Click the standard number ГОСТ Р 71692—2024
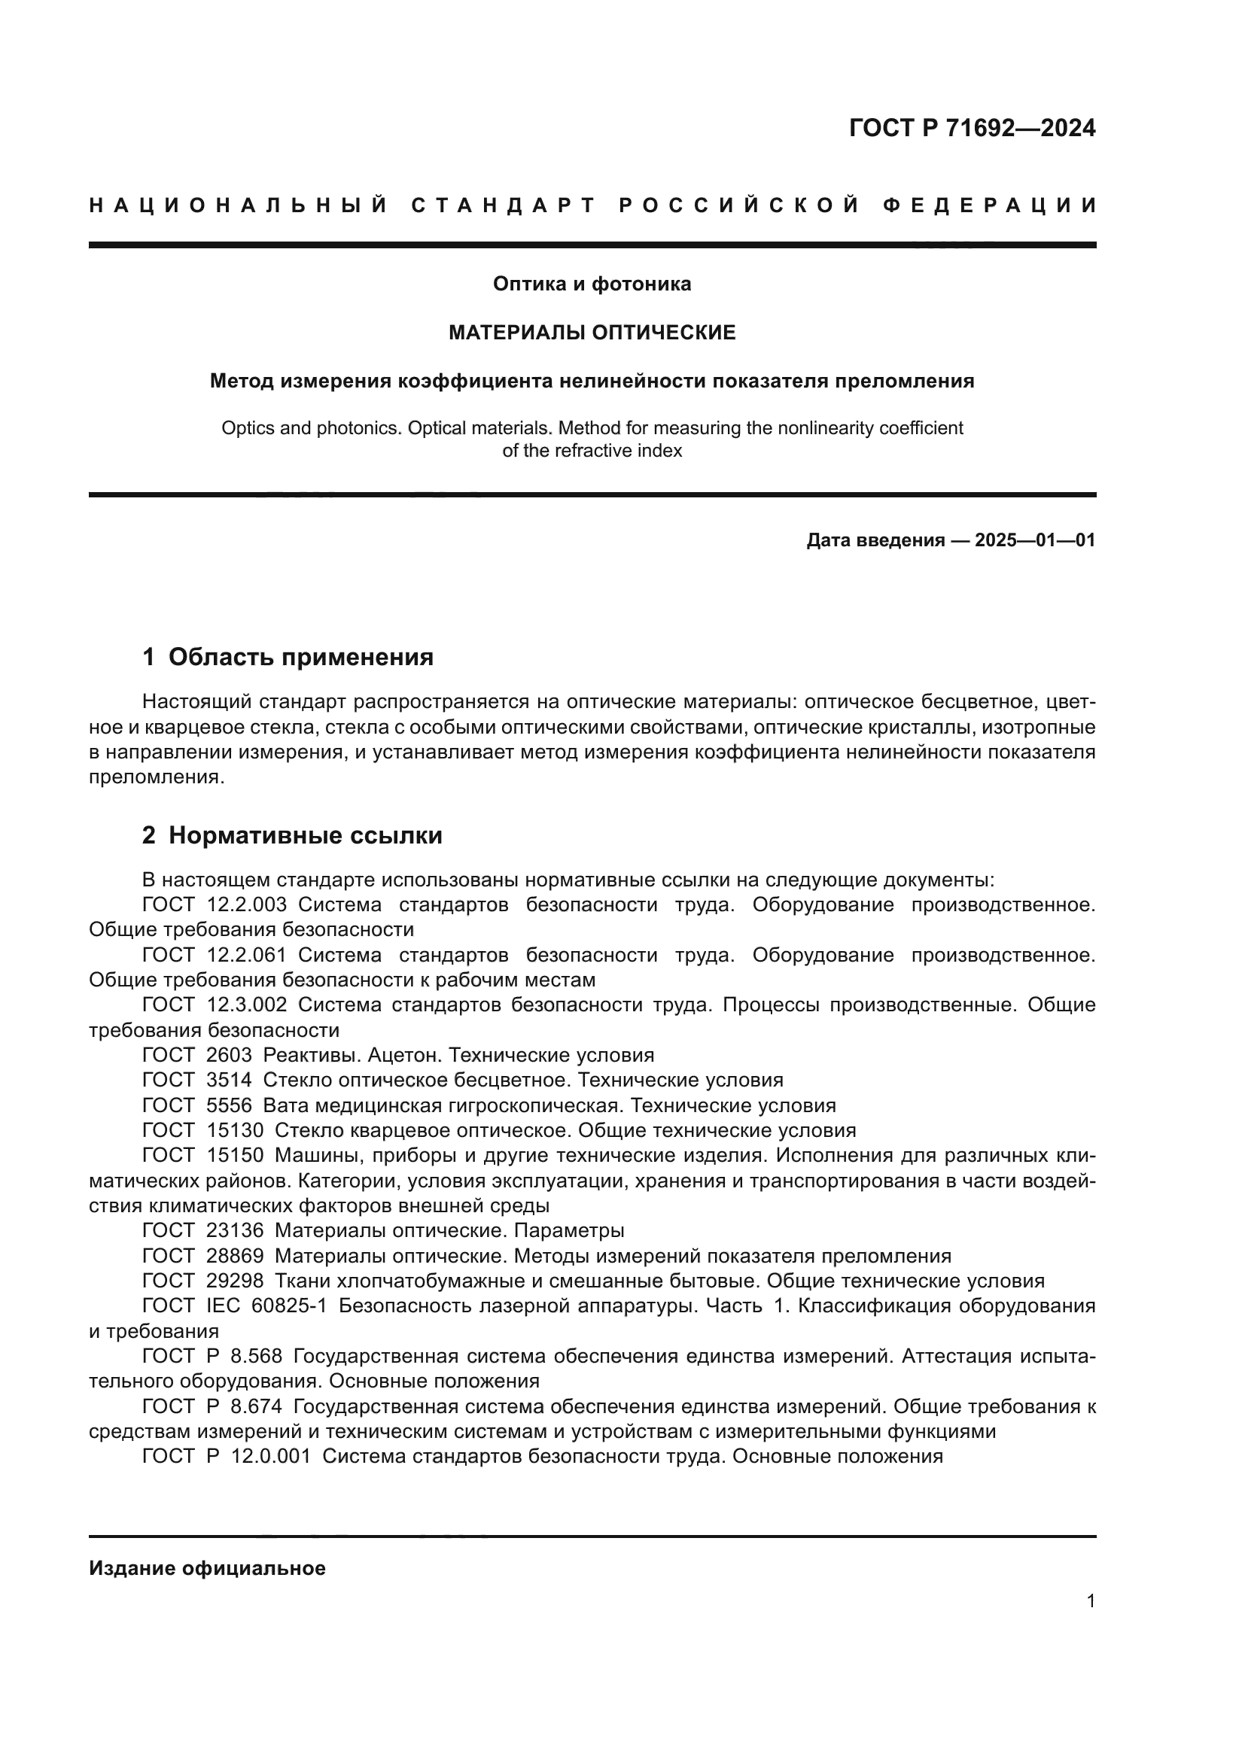971,128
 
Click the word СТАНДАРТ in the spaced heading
504,205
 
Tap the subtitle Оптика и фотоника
591,284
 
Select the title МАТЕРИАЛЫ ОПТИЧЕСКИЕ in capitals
591,333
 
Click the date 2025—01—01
1034,540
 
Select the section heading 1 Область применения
288,657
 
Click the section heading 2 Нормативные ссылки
292,835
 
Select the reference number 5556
229,1105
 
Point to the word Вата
286,1105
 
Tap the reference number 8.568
256,1356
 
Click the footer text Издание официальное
207,1568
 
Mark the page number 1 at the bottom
1090,1601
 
